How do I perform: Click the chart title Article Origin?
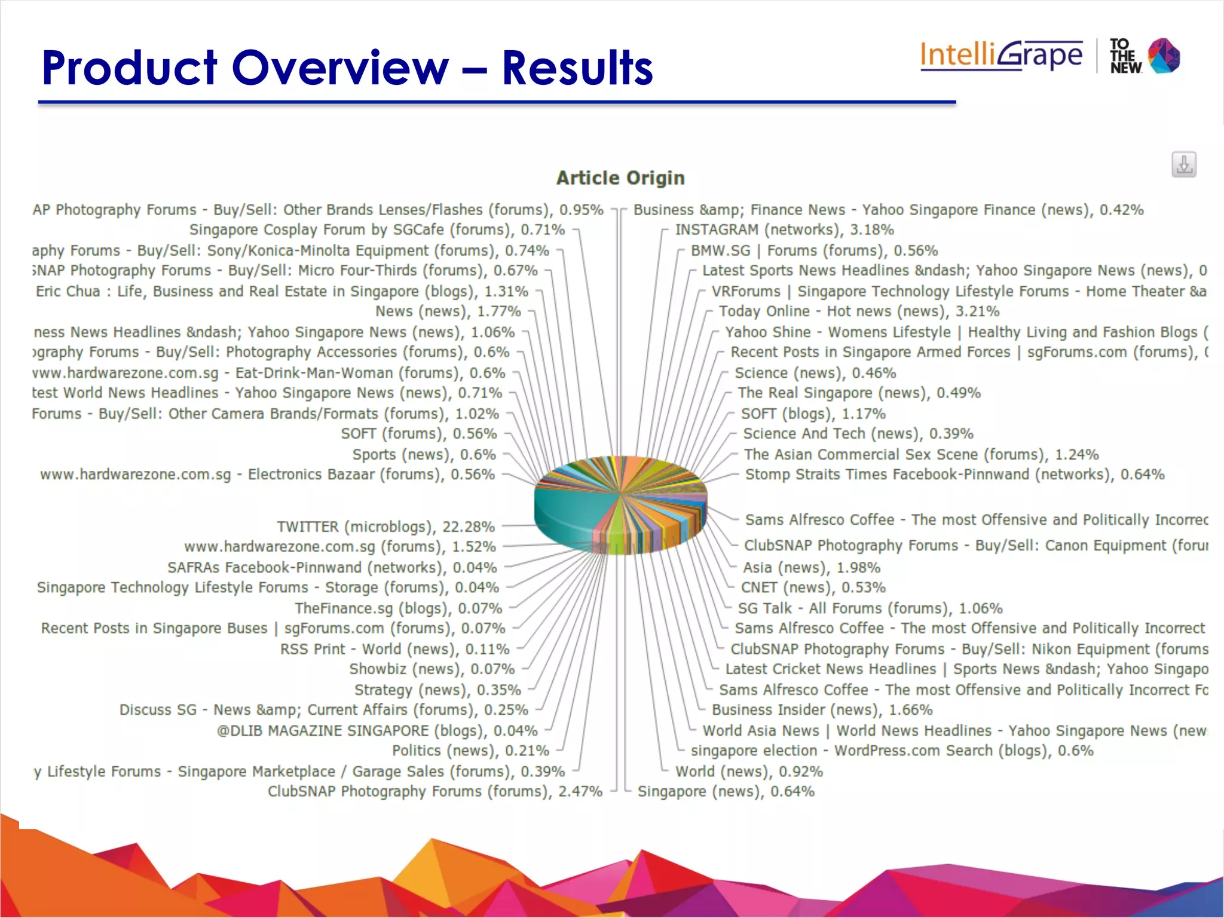[620, 178]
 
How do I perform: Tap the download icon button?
[1183, 164]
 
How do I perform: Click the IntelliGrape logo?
[1001, 56]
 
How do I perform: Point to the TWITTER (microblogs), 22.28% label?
[385, 527]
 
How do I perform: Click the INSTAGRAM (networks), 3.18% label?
[784, 229]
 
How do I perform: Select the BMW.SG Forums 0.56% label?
[814, 250]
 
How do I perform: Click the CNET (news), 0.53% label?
[813, 587]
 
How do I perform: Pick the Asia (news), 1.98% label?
[811, 567]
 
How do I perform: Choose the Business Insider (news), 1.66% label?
[822, 710]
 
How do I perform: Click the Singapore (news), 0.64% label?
[726, 791]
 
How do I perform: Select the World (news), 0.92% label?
[749, 772]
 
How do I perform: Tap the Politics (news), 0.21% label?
[470, 751]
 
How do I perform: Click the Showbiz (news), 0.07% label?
[432, 669]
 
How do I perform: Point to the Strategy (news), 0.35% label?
[437, 690]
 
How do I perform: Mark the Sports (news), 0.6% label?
[424, 455]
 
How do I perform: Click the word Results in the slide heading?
[577, 68]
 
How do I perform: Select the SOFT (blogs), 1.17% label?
[813, 414]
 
